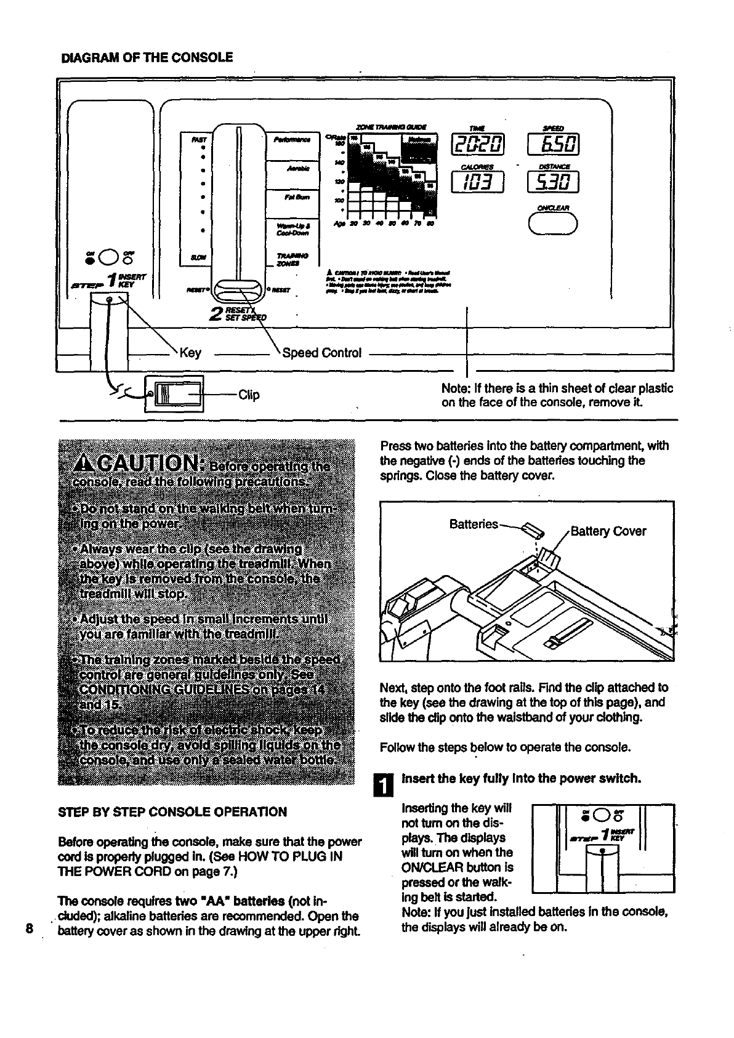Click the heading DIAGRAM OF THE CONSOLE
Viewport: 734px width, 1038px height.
[147, 58]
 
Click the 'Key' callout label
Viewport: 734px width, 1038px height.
[190, 353]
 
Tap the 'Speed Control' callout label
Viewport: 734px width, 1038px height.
[321, 353]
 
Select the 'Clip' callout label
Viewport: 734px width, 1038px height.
[249, 395]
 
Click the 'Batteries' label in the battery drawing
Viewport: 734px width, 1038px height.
[474, 524]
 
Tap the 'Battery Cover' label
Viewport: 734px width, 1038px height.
[608, 531]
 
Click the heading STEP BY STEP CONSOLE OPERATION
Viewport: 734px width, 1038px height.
[172, 811]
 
